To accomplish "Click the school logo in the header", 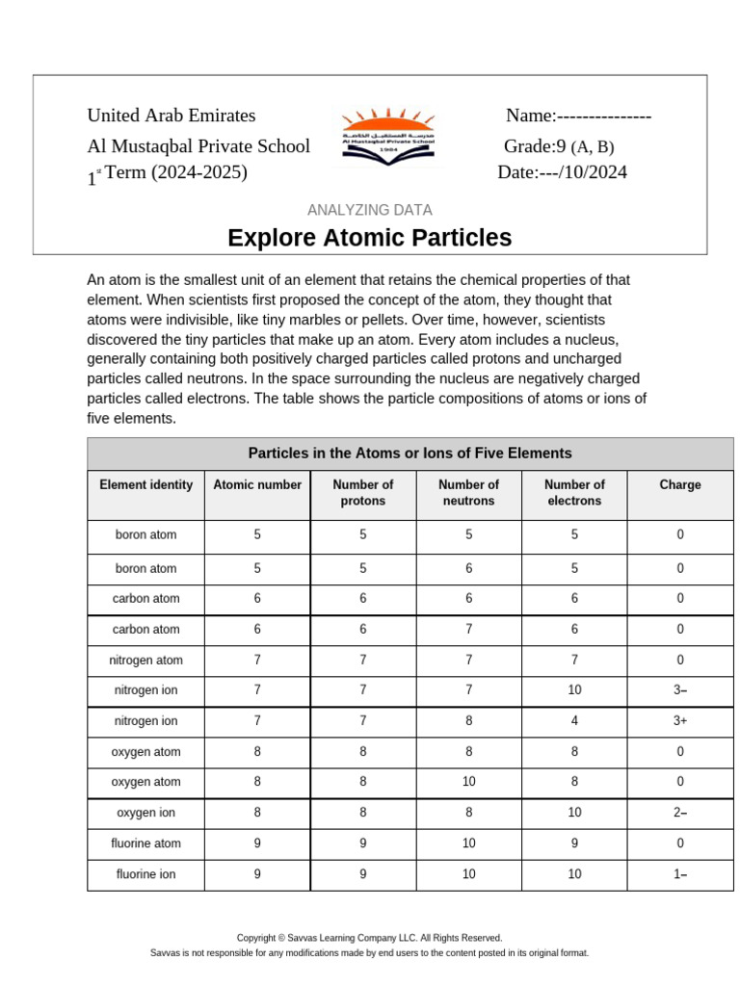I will (x=388, y=135).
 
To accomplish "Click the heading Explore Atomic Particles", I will (x=370, y=238).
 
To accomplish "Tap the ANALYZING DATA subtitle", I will (x=370, y=210).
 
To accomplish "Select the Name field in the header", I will (x=579, y=116).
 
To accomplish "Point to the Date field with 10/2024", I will (x=562, y=172).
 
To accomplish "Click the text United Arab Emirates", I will (x=172, y=116).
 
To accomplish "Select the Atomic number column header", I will (x=257, y=485).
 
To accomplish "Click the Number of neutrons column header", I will (x=468, y=493).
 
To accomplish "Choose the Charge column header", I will (x=680, y=485).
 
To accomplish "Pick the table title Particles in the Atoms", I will (x=410, y=454).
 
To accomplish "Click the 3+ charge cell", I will (x=680, y=721).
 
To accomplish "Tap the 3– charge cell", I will (x=680, y=690).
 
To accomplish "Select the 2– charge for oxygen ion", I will (x=680, y=813).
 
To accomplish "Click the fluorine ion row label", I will (x=146, y=875).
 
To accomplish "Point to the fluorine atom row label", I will (x=146, y=843).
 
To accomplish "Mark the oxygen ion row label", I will (x=146, y=813).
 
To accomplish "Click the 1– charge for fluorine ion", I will (x=680, y=875).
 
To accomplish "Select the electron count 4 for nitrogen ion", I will (x=574, y=721).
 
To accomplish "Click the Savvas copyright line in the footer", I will (x=370, y=937).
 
